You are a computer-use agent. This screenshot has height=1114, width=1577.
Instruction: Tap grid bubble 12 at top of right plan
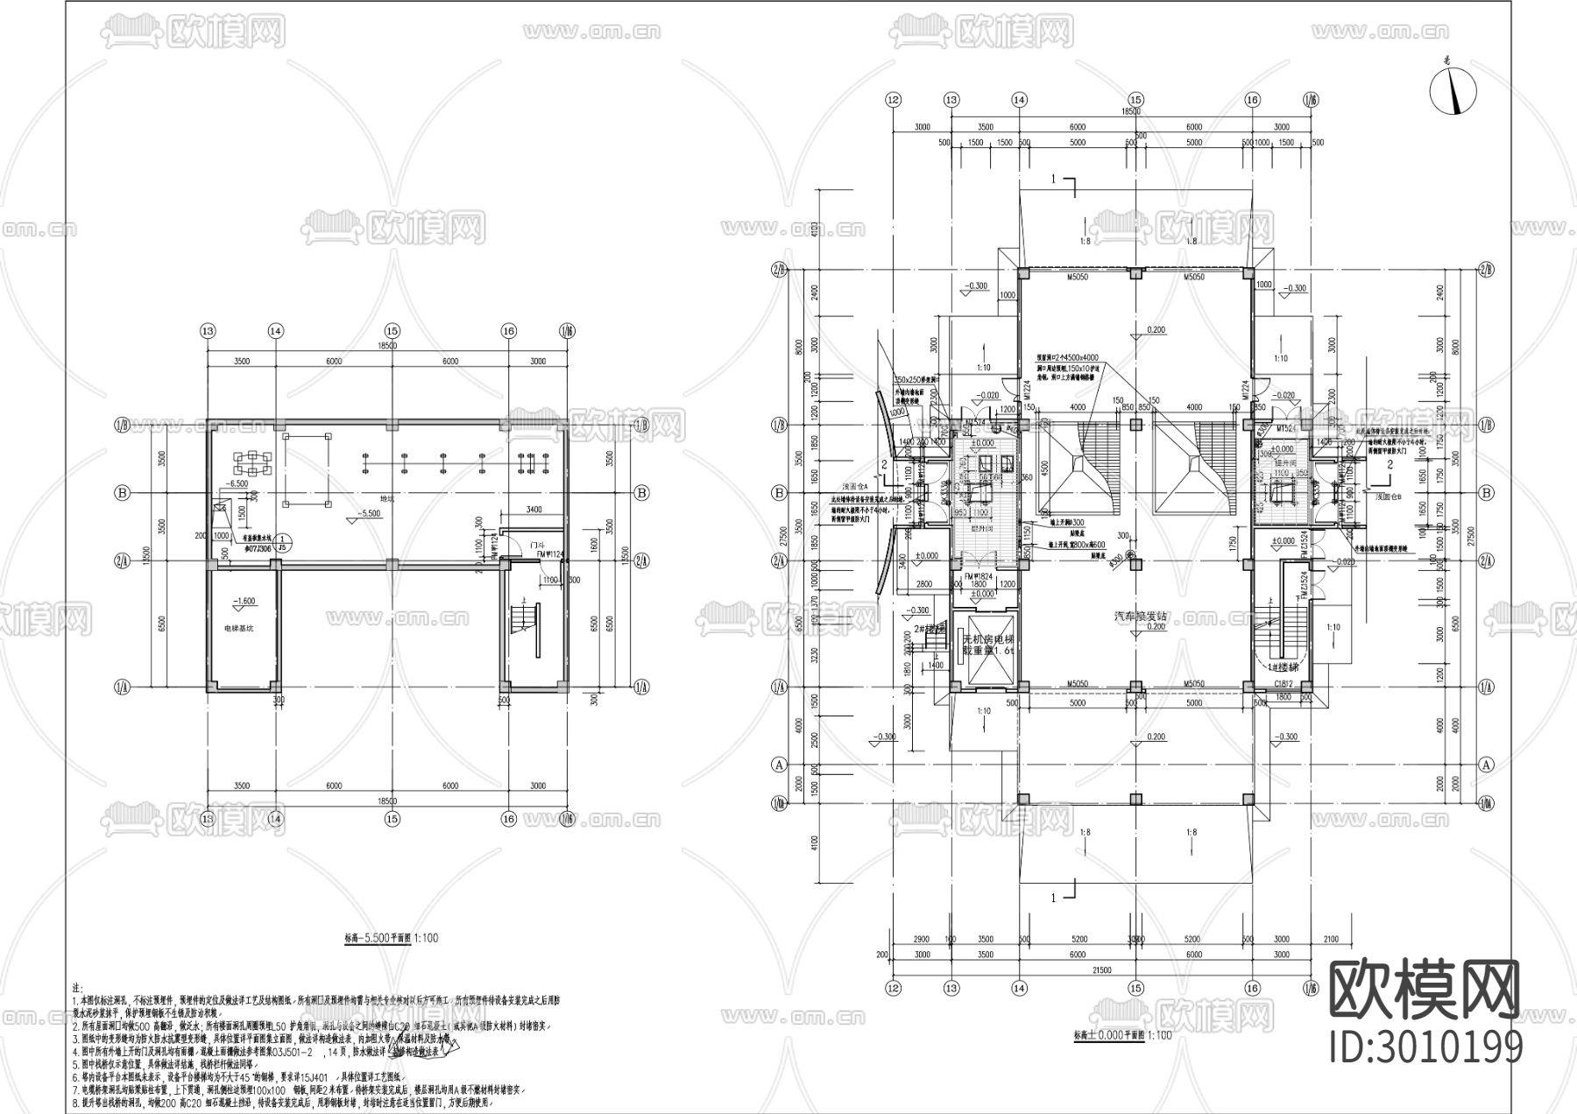pyautogui.click(x=894, y=100)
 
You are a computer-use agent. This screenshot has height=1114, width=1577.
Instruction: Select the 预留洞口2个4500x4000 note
pyautogui.click(x=1063, y=357)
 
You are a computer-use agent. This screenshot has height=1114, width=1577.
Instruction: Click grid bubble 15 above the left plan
pyautogui.click(x=392, y=331)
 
